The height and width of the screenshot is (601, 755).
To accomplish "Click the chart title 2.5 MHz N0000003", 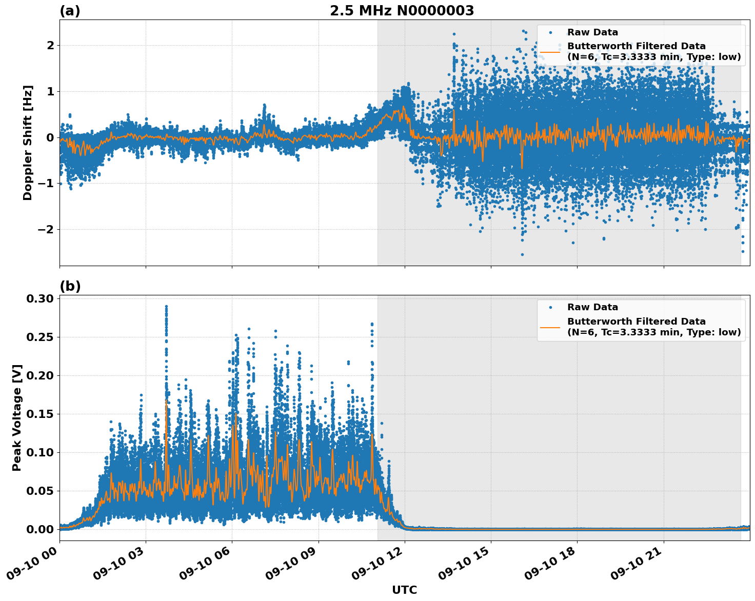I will click(x=402, y=11).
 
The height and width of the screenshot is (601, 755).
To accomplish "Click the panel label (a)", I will click(x=70, y=11).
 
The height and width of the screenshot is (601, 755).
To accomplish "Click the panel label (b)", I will click(x=70, y=286).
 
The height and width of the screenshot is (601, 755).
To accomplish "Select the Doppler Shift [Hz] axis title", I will click(x=28, y=143).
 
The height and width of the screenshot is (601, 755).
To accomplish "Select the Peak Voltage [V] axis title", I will click(x=17, y=417).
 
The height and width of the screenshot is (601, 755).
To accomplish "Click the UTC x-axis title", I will click(x=404, y=590).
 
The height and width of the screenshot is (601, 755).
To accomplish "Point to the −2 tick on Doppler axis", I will click(x=45, y=229).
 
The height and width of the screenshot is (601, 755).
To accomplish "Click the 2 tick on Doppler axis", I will click(x=50, y=45).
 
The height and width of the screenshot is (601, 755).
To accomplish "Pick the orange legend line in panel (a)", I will click(x=550, y=51).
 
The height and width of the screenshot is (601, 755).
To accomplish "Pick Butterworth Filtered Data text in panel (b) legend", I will click(x=636, y=322).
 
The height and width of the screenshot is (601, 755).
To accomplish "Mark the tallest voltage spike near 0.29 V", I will click(x=166, y=307).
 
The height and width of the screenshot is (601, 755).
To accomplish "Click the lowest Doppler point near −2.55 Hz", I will click(x=522, y=254).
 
